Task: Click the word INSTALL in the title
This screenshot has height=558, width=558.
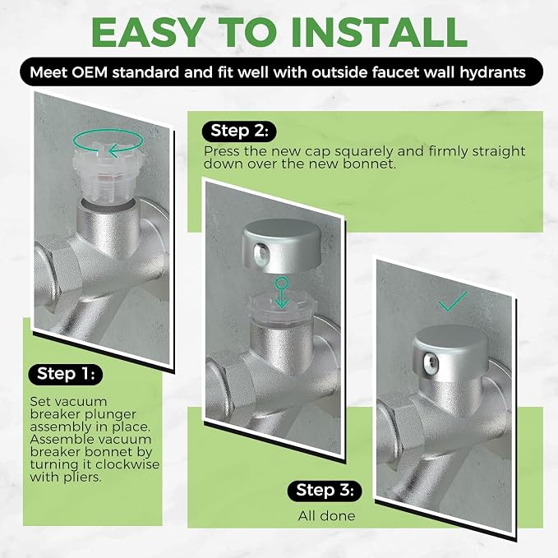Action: [x=380, y=32]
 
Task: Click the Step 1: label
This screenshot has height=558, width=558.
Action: [x=66, y=374]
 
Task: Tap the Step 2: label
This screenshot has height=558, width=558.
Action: [x=239, y=131]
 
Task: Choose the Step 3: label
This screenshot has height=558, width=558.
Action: [x=325, y=490]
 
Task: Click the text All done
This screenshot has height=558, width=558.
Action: [x=327, y=515]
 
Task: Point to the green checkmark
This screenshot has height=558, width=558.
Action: [x=453, y=302]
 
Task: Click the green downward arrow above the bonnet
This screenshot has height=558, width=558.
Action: [x=282, y=293]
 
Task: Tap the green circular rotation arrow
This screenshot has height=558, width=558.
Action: [x=108, y=142]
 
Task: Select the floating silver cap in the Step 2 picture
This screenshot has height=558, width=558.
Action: [x=282, y=246]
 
